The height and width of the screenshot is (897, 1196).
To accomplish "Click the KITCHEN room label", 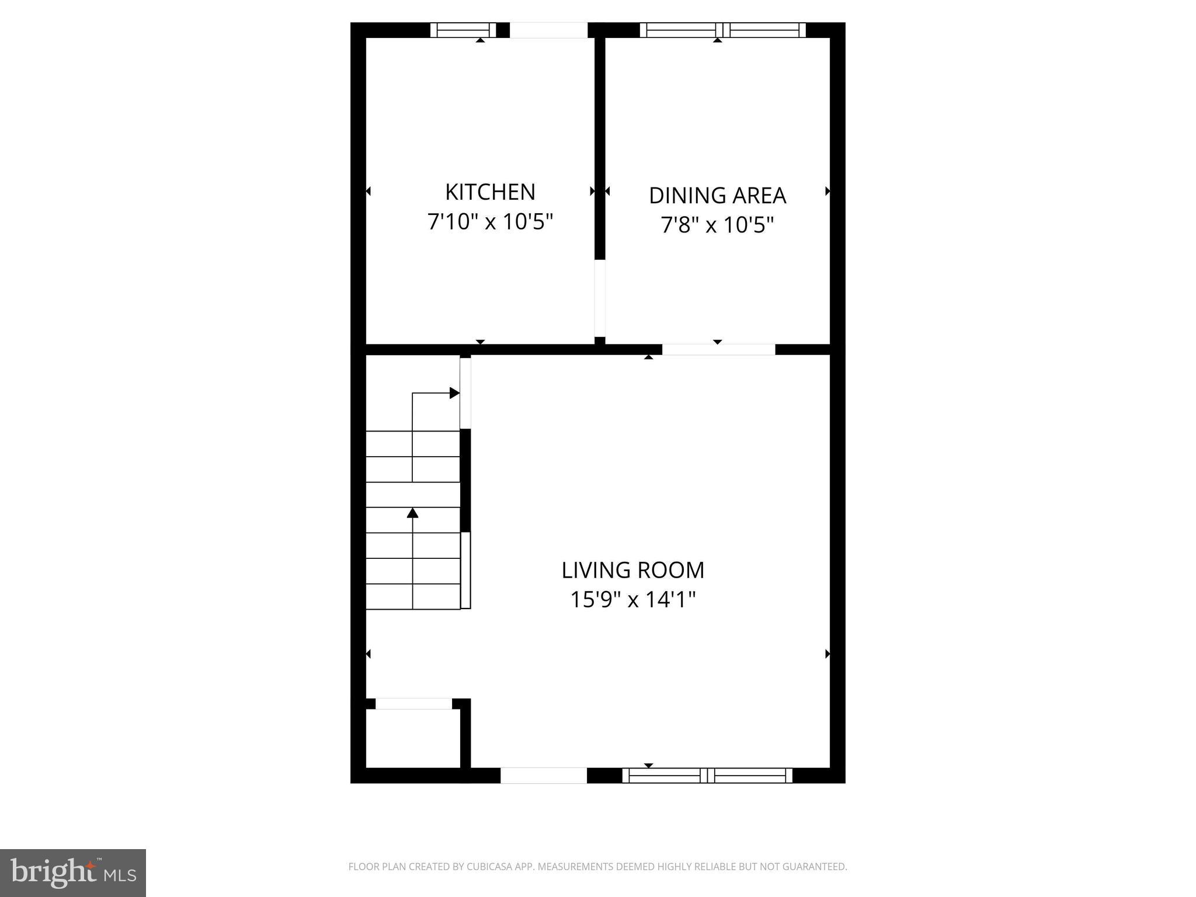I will (490, 192).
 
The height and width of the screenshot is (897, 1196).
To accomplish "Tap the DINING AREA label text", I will (717, 196).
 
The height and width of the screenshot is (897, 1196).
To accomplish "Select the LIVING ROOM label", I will (633, 570).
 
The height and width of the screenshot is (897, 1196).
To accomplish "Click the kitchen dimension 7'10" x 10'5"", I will (490, 222).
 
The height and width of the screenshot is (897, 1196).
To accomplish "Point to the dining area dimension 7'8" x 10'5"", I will (717, 225).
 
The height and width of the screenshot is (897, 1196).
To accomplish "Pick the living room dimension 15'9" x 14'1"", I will (633, 600).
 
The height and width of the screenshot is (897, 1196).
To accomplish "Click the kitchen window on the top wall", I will (463, 30).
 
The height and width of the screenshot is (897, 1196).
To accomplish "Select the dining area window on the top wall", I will (722, 30).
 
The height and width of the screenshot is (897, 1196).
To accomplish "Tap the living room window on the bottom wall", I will (707, 776).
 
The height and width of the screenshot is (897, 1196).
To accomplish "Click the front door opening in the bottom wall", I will (544, 776).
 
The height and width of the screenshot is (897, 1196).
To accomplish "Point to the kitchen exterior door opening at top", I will (548, 30).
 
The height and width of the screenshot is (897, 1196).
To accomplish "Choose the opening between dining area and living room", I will (718, 349).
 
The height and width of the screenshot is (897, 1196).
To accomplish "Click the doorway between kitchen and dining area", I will (600, 298).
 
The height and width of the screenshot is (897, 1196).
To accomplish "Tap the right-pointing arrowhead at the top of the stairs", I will (454, 393).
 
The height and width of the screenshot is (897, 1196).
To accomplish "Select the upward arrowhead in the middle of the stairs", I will (413, 513).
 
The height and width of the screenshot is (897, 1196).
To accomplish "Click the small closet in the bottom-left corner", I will (413, 738).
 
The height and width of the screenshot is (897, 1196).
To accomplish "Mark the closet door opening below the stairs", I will (413, 704).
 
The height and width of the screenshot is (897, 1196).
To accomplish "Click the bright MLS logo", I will (73, 873).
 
